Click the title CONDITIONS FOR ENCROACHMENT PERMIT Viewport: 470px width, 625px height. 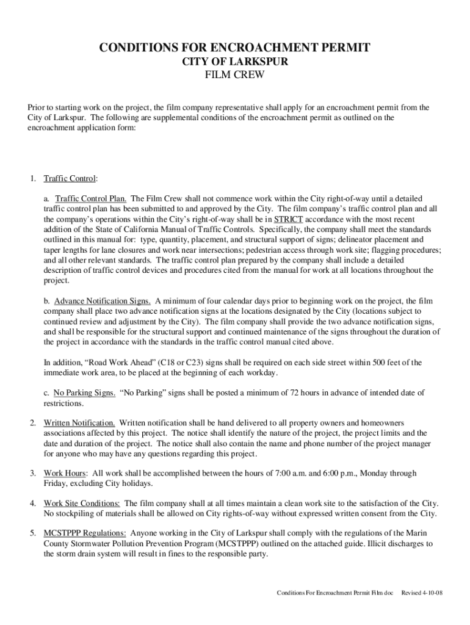tap(235, 48)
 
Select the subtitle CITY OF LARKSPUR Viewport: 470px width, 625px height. tap(235, 63)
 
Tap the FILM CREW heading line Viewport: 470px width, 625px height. tap(235, 77)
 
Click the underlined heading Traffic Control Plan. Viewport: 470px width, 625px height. tap(91, 199)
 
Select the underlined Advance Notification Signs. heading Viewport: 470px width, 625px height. tap(103, 301)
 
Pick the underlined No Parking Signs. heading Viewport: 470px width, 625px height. tap(84, 393)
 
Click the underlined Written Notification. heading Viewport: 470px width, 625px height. tap(79, 422)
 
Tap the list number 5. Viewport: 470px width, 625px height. tap(32, 533)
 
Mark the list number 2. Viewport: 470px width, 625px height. tap(32, 422)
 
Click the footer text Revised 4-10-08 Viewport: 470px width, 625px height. tap(422, 593)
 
